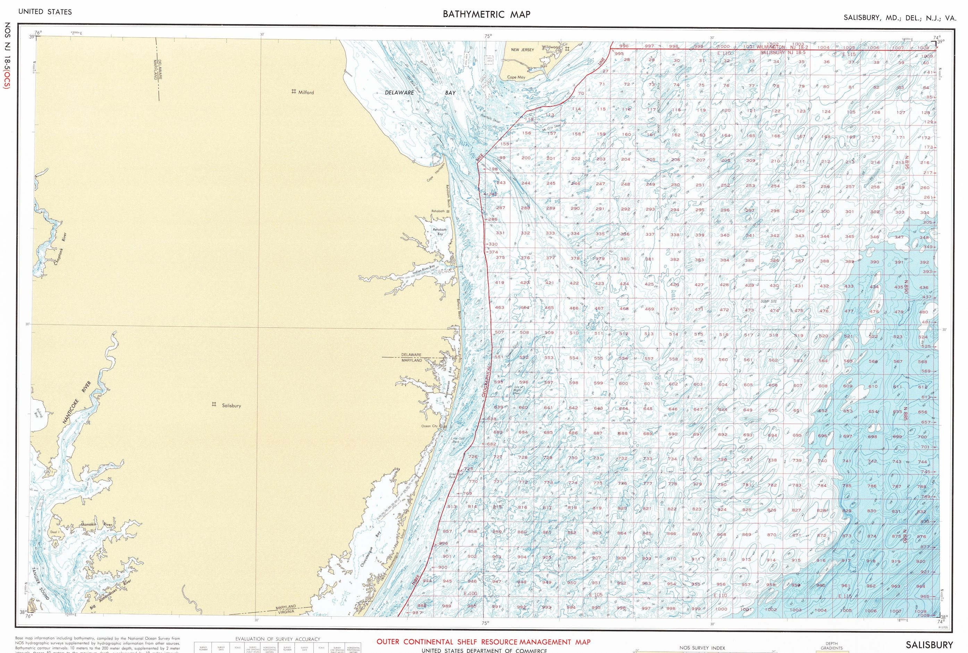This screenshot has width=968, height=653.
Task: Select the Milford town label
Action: point(306,92)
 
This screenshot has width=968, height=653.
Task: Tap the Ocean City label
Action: point(429,426)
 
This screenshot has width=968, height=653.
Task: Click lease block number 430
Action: point(774,286)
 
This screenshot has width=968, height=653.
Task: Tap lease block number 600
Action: point(623,384)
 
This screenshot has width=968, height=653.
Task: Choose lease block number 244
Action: point(526,183)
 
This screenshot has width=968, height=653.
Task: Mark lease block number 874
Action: point(872,536)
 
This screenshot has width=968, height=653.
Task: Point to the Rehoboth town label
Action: point(438,211)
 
